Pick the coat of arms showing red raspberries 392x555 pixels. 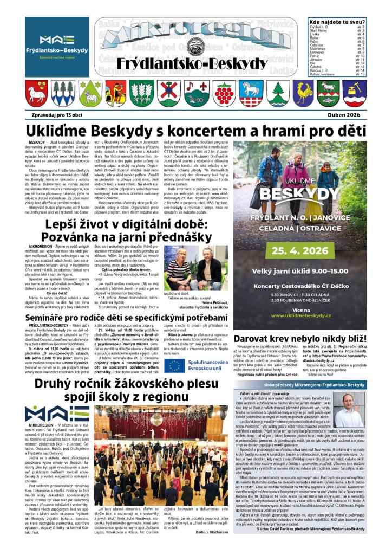pyautogui.click(x=224, y=93)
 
